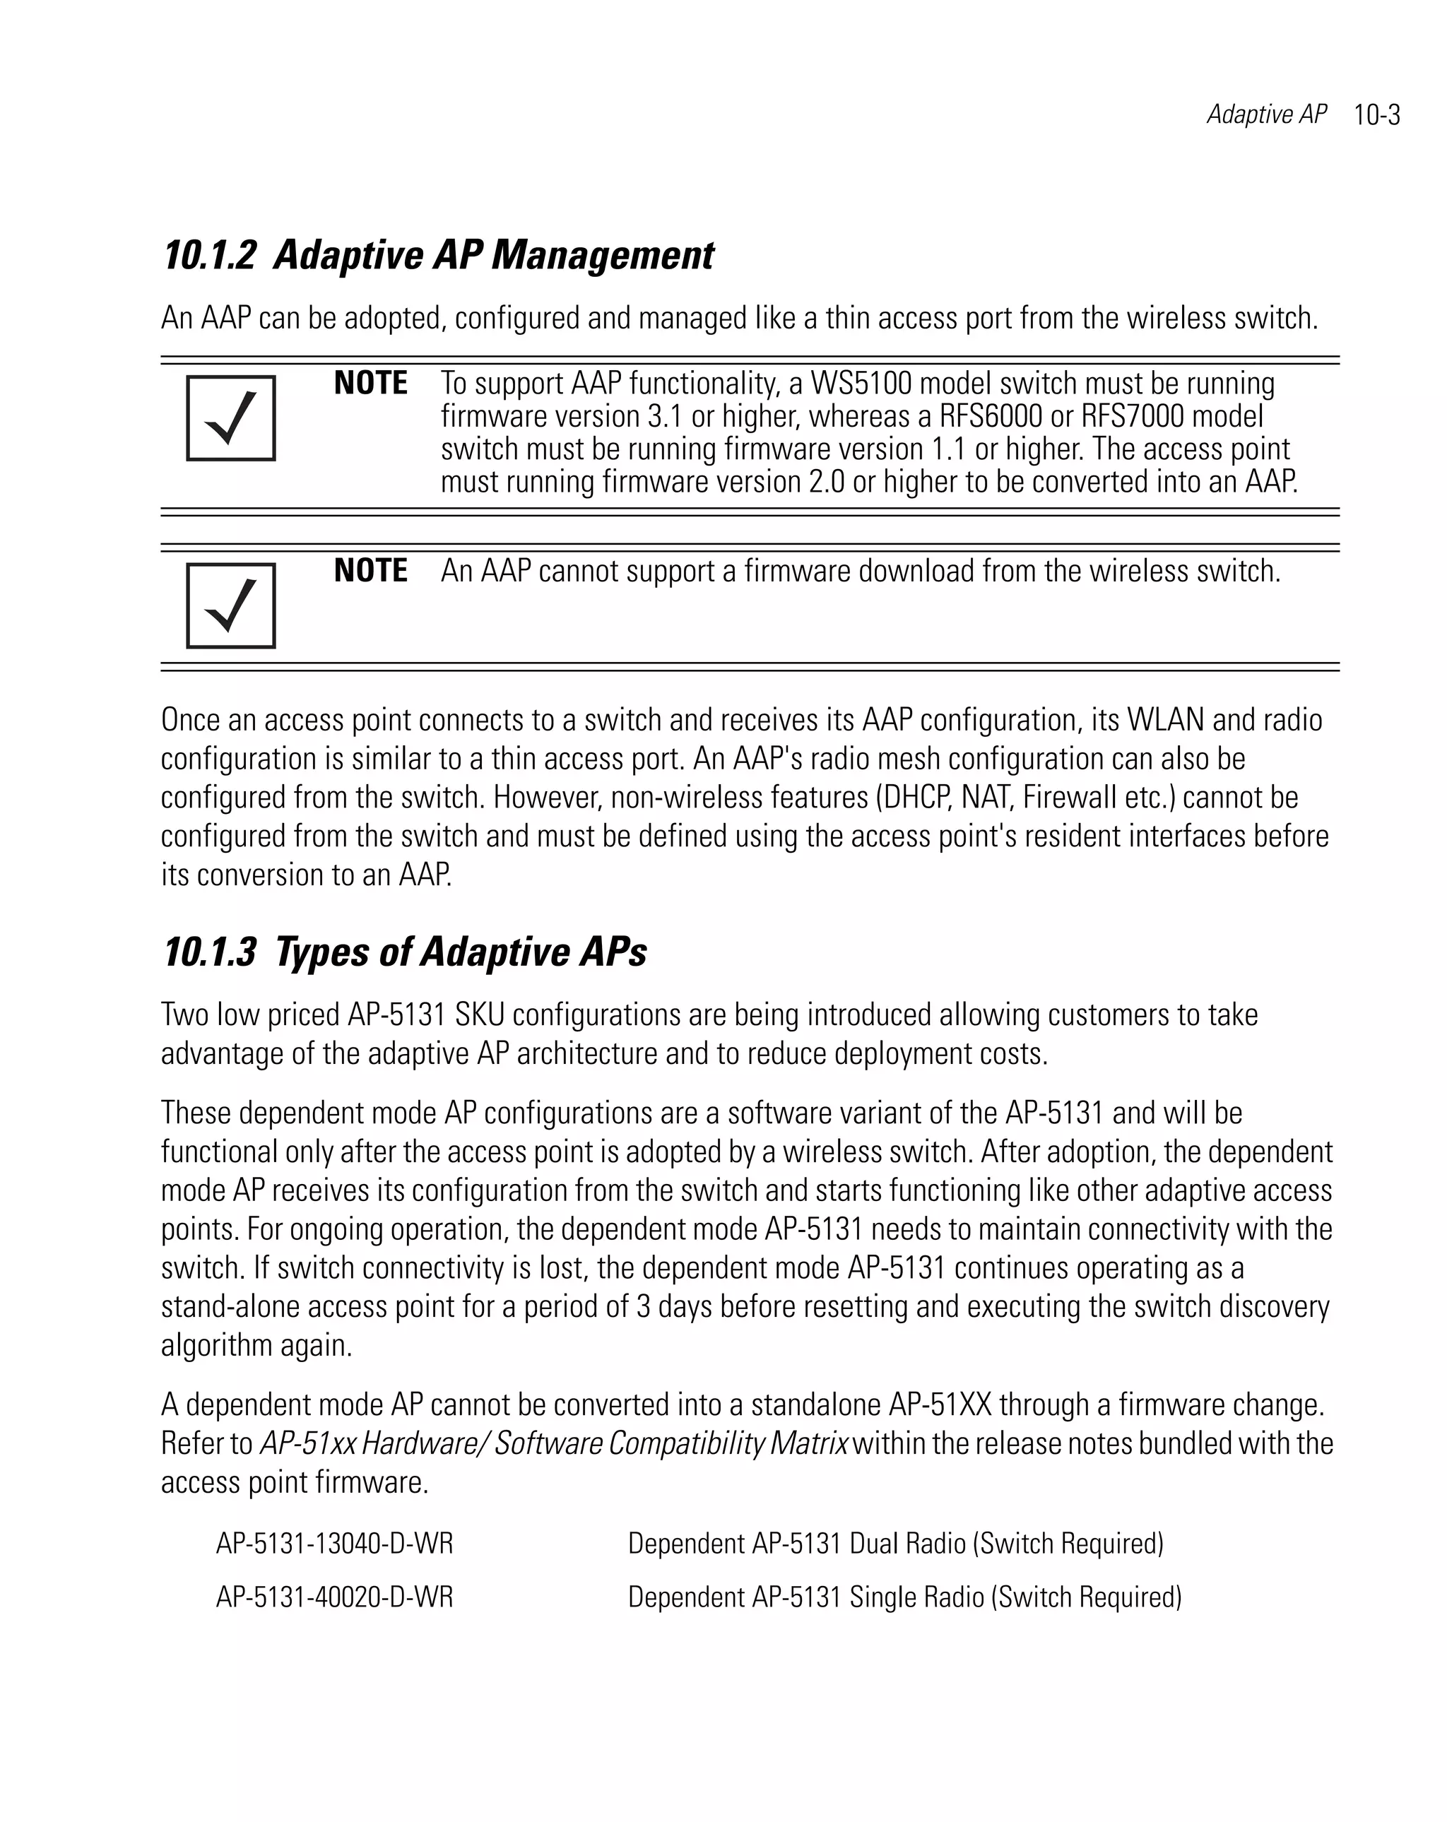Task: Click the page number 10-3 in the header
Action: click(1376, 115)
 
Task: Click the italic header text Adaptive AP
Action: click(1266, 114)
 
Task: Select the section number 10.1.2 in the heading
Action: click(208, 255)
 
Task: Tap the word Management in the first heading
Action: click(602, 255)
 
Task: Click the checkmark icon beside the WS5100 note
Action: click(231, 418)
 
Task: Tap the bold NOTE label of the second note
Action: click(370, 572)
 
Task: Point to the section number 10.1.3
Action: click(208, 952)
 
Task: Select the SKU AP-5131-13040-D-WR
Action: click(335, 1544)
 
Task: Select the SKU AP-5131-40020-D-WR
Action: click(335, 1597)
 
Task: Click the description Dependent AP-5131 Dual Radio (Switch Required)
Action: click(895, 1544)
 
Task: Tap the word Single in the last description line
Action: click(883, 1597)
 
